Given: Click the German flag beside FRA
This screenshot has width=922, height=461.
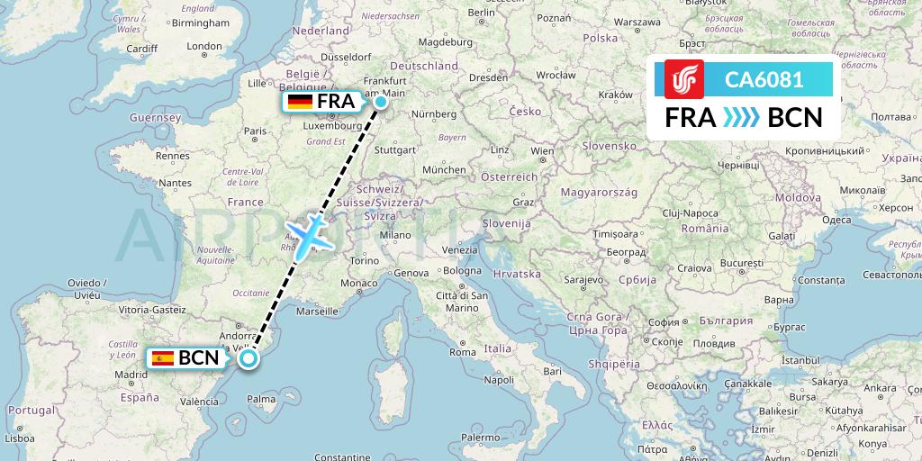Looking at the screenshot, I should pos(300,102).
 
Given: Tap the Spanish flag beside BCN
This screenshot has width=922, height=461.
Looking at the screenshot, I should pos(163,357).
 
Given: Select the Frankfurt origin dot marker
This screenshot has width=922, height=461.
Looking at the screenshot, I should pos(381,102).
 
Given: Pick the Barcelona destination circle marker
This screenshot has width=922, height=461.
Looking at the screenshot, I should pos(248,358).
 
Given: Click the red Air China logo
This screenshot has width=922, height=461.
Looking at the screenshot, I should pos(683,79).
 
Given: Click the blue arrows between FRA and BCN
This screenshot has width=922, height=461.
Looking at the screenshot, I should pos(742,118).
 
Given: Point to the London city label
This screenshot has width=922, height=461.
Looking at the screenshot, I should pos(204,47).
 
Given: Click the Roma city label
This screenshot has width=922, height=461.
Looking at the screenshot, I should pos(463,352).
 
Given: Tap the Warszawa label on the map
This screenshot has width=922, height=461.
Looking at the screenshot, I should pos(640,22).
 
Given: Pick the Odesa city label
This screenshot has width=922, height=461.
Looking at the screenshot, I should pos(836,220).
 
